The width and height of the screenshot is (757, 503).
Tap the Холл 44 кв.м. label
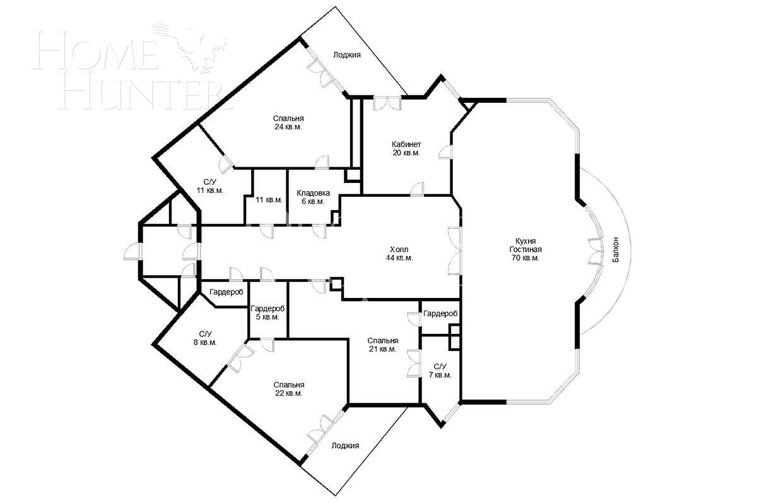click(399, 253)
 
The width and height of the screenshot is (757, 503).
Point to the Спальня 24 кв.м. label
click(288, 122)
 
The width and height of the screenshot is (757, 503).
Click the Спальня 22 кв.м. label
click(289, 389)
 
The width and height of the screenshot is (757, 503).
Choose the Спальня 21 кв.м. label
click(383, 345)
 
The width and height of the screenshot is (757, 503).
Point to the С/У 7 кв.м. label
click(440, 370)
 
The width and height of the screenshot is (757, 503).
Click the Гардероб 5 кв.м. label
click(267, 312)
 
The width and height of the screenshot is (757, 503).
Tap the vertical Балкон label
click(616, 250)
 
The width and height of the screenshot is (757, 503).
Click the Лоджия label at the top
click(347, 55)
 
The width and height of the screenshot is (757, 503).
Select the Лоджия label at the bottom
click(345, 446)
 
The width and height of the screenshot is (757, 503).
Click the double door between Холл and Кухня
click(454, 251)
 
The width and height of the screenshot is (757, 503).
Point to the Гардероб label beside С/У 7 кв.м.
click(440, 314)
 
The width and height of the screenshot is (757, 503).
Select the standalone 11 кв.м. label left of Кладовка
click(269, 200)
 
